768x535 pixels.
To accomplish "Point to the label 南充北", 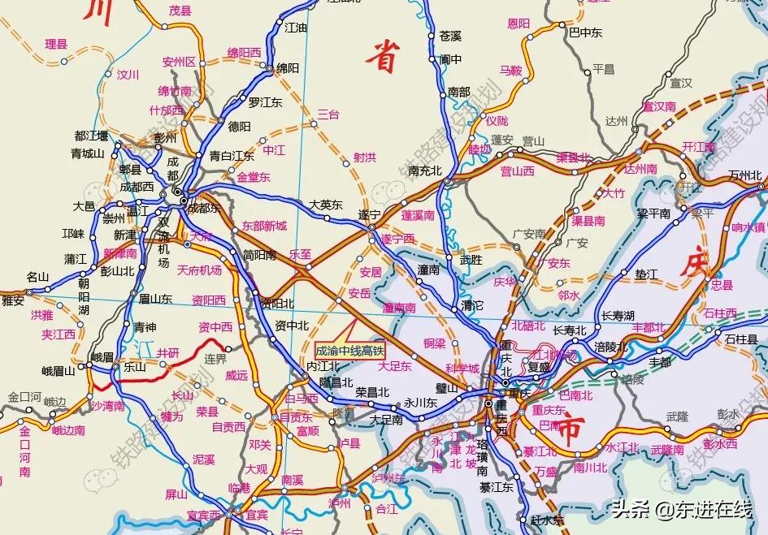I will coord(424,170).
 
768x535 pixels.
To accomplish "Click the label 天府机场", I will coord(199,270).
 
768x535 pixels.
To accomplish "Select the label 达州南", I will coord(640,169).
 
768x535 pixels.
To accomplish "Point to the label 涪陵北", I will coord(612,347).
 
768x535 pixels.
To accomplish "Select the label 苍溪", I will coord(449,36).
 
